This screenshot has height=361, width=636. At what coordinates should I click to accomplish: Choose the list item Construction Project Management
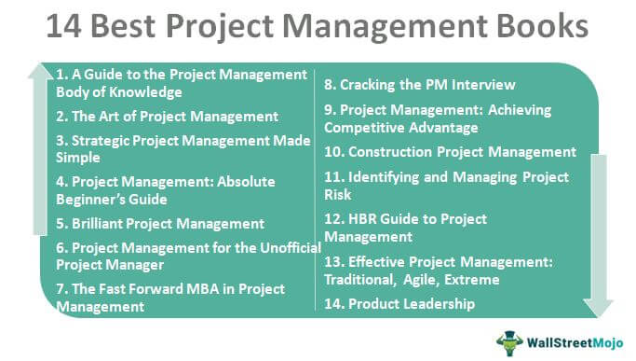click(x=450, y=151)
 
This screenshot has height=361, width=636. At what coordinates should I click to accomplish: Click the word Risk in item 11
click(x=340, y=195)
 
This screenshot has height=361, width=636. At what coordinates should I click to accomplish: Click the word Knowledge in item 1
click(x=143, y=92)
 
